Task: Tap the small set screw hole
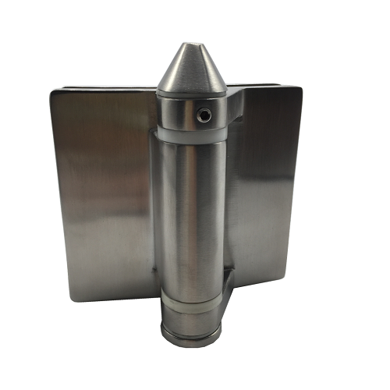tap(204, 115)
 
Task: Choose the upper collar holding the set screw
tap(191, 114)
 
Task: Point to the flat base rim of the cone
tap(192, 87)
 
